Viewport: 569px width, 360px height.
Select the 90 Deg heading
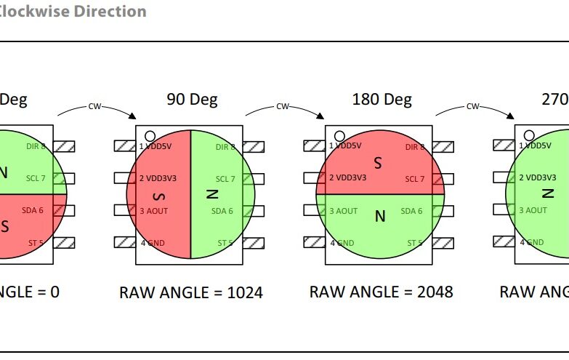pyautogui.click(x=192, y=100)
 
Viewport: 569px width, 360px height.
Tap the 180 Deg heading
pyautogui.click(x=382, y=99)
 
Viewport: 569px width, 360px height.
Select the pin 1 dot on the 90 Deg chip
pyautogui.click(x=150, y=135)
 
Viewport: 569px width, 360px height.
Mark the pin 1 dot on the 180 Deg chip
pyautogui.click(x=339, y=135)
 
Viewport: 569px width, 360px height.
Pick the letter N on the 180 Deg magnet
pyautogui.click(x=380, y=216)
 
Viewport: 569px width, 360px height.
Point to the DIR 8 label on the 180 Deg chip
pyautogui.click(x=414, y=147)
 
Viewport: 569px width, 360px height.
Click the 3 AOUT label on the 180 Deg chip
pyautogui.click(x=343, y=211)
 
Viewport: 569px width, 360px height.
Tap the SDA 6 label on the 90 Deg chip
pyautogui.click(x=223, y=211)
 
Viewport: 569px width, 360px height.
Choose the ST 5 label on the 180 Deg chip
pyautogui.click(x=415, y=243)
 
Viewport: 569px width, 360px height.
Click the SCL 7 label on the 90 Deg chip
pyautogui.click(x=225, y=179)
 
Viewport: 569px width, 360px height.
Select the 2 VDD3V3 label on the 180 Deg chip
pyautogui.click(x=347, y=178)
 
